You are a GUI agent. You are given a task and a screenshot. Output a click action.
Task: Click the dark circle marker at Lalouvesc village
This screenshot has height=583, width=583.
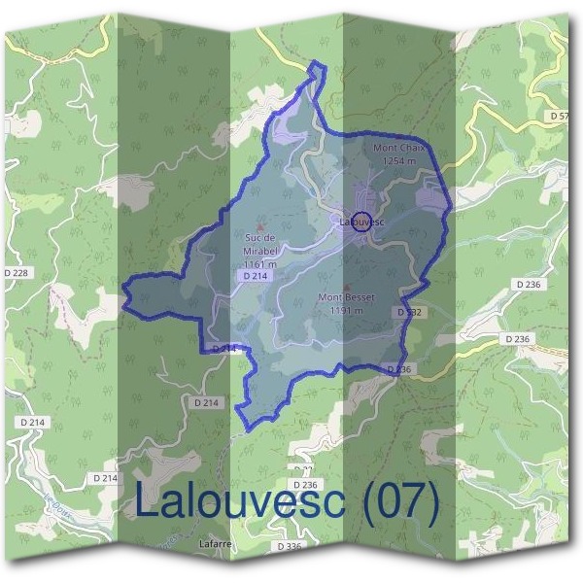[x=360, y=221]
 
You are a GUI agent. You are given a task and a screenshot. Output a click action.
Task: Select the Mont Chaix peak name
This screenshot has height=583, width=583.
[x=399, y=148]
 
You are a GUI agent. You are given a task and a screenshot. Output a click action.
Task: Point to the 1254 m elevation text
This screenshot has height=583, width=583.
[x=399, y=160]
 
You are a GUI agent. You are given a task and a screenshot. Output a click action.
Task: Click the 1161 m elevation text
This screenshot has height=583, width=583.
[x=260, y=263]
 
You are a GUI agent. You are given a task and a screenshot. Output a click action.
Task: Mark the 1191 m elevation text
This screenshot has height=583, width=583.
[x=345, y=310]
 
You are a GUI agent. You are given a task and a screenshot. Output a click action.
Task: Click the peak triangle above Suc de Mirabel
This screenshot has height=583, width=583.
[x=259, y=225]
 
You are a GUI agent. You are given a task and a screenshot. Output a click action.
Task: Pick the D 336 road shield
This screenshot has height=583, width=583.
[x=290, y=547]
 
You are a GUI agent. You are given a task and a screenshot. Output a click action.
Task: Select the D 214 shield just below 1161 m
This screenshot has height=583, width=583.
[x=255, y=276]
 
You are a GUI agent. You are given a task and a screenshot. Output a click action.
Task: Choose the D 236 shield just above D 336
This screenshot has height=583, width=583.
[x=304, y=484]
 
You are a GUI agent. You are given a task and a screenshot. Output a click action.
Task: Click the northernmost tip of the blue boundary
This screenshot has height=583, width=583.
[x=317, y=64]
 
